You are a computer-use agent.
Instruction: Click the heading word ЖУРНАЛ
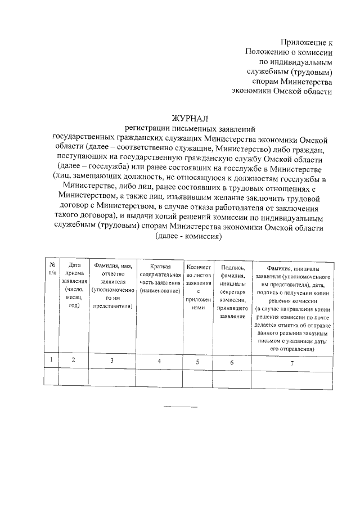[190, 118]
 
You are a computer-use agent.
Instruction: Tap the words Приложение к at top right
[307, 42]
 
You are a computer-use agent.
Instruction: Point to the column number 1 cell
[52, 360]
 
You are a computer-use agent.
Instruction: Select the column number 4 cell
[160, 360]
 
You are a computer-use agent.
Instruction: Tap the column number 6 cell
[232, 361]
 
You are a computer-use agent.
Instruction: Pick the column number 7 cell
[291, 361]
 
